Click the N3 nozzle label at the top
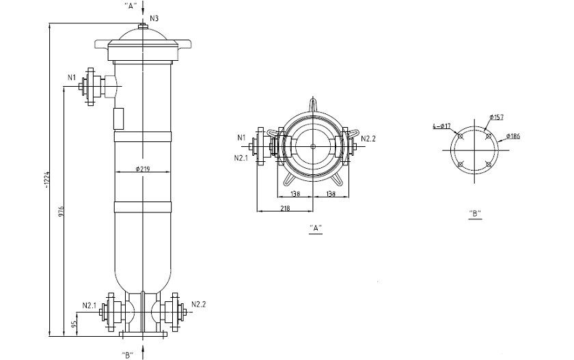coord(154,18)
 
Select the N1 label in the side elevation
coord(71,78)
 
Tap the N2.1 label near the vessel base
coord(90,305)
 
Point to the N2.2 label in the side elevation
coord(199,305)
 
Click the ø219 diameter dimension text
coord(142,169)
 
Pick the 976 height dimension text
coord(61,212)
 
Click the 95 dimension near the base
coord(73,324)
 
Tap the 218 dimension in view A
coord(285,208)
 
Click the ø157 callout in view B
coord(496,117)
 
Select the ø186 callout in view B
coord(513,136)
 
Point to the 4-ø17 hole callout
coord(441,126)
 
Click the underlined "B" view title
coord(475,213)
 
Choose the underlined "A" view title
coord(316,228)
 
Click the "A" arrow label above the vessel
coord(131,6)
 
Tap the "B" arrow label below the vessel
coord(127,355)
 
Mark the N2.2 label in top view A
coord(368,139)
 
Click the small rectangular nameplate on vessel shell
coord(118,119)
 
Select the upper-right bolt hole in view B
coord(489,136)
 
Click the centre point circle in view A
coord(313,146)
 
